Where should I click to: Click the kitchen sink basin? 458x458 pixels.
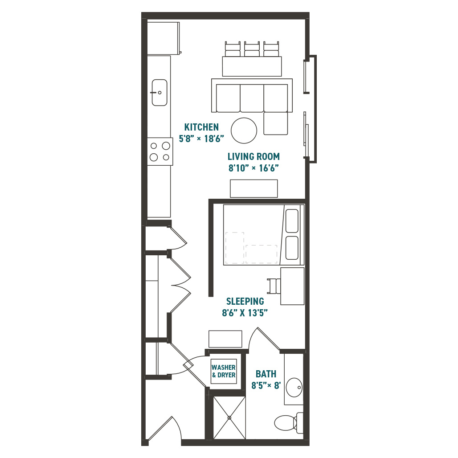click(159, 93)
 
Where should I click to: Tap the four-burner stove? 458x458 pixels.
click(160, 151)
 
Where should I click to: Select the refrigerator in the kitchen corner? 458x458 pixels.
click(163, 38)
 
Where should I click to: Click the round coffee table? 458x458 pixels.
click(244, 131)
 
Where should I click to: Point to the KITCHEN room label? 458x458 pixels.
click(201, 127)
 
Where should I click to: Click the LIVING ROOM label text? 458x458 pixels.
click(254, 156)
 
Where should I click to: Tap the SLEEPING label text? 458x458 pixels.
click(245, 301)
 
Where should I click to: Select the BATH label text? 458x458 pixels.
click(266, 374)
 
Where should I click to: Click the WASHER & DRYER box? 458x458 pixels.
click(224, 371)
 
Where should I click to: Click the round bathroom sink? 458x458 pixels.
click(294, 388)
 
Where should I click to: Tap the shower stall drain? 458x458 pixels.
click(229, 418)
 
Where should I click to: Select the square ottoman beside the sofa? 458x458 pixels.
click(276, 123)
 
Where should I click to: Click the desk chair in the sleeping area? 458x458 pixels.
click(274, 286)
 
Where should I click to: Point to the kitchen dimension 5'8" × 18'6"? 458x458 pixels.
click(201, 139)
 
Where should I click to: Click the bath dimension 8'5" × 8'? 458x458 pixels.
click(266, 385)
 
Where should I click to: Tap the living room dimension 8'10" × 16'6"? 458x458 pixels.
click(254, 168)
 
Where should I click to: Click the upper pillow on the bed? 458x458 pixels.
click(292, 221)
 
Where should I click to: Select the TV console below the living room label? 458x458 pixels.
click(254, 189)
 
